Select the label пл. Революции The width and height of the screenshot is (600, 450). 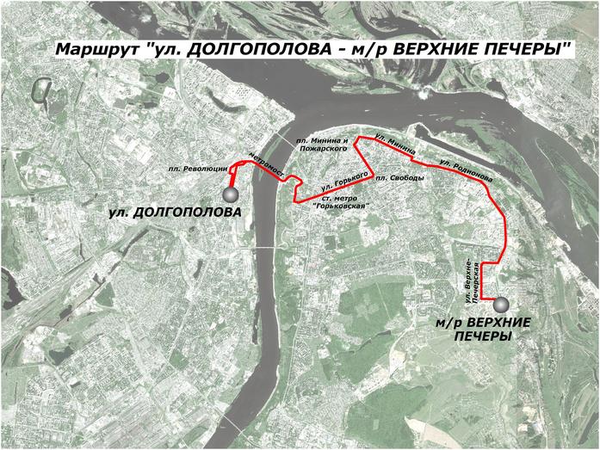[195, 169]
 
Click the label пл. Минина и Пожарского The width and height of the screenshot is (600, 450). [321, 144]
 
